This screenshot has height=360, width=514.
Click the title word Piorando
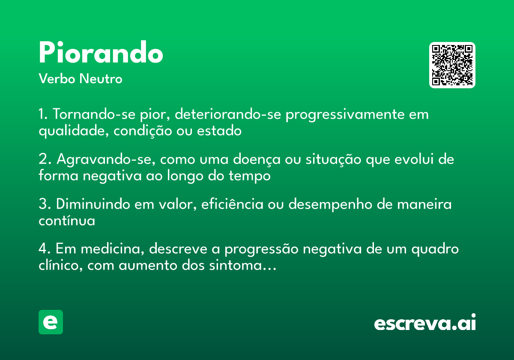101,54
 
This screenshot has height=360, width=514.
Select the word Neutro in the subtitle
101,79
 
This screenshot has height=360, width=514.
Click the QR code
452,65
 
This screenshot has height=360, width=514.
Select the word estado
219,131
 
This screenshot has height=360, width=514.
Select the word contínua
66,221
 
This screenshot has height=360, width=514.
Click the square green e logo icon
51,322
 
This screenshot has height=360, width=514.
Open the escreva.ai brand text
424,323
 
